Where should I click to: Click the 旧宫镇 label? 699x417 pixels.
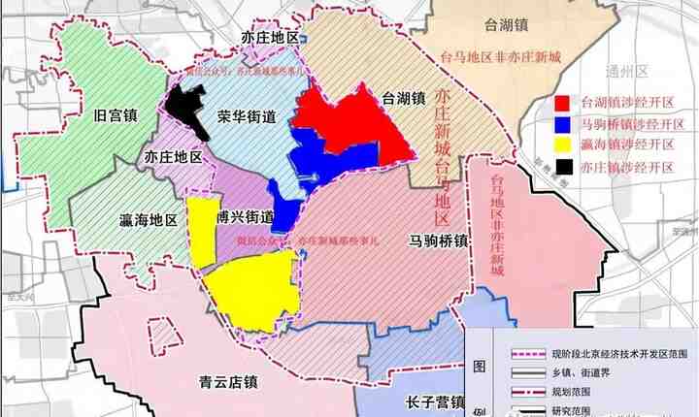[x=115, y=115]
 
